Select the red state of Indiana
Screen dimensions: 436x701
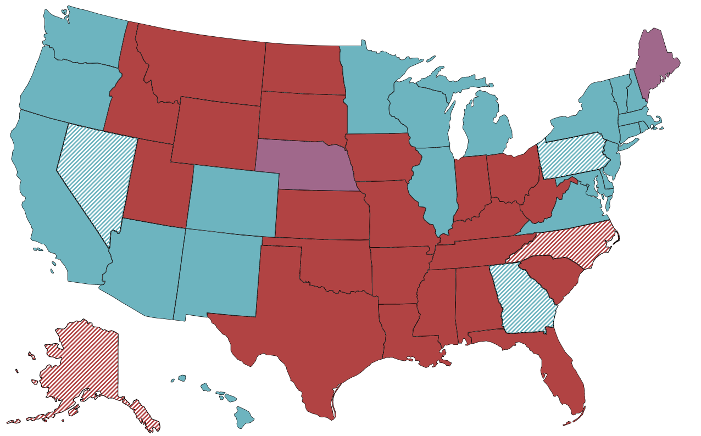(470, 187)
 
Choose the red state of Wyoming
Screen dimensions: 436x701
(217, 132)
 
